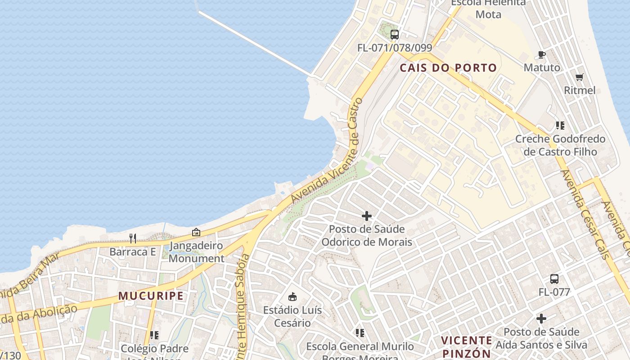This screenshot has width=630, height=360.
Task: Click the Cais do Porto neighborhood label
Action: (x=448, y=68)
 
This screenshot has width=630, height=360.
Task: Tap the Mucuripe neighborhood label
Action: (x=151, y=296)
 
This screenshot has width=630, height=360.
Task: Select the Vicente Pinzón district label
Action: (x=466, y=346)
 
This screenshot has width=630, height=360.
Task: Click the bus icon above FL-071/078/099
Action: (x=395, y=34)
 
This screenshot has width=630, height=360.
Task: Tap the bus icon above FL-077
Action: (x=554, y=279)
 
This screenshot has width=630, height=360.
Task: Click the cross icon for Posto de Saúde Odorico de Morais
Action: (x=367, y=216)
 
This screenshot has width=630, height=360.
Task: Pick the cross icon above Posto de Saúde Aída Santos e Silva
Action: (x=541, y=319)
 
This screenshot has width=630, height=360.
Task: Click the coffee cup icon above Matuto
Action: (x=542, y=55)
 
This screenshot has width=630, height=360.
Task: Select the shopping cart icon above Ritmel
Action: (x=580, y=77)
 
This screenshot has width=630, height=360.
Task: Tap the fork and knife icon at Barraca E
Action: (x=133, y=238)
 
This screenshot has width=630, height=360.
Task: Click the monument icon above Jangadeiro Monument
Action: (x=196, y=233)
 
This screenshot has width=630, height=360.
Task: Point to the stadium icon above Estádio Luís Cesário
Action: (x=292, y=297)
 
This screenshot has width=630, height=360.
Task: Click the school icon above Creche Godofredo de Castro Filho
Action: (x=560, y=126)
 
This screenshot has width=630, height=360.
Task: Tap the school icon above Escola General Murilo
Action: (x=360, y=333)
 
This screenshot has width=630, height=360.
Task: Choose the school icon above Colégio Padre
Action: (x=154, y=335)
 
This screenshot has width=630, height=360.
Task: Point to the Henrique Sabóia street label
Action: (x=242, y=306)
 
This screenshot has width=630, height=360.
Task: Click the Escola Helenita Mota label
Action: (x=482, y=9)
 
